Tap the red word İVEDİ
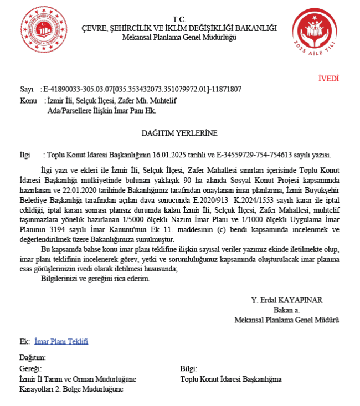click(x=328, y=79)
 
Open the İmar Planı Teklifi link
click(x=61, y=341)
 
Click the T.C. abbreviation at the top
click(x=179, y=19)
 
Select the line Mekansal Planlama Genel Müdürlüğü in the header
click(x=179, y=37)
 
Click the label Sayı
click(x=27, y=89)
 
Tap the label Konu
click(x=28, y=101)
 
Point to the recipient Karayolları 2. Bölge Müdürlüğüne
click(x=71, y=389)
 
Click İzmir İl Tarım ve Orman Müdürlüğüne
click(x=77, y=379)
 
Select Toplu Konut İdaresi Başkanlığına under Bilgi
click(x=231, y=379)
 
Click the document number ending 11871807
click(x=227, y=89)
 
